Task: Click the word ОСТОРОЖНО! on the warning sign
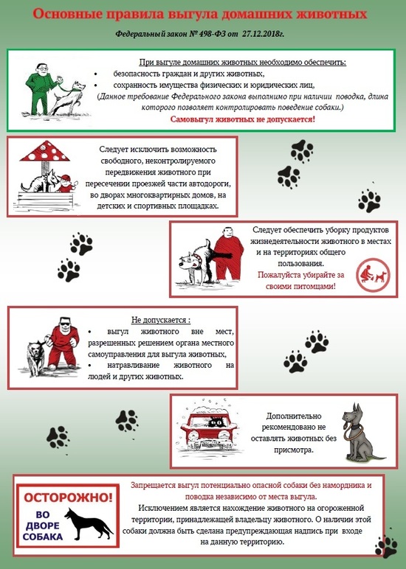[x=68, y=498]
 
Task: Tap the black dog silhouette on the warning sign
[x=89, y=523]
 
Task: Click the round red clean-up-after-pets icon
[x=373, y=275]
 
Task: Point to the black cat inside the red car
[x=216, y=422]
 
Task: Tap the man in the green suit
[x=41, y=89]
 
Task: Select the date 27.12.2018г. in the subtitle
[x=263, y=34]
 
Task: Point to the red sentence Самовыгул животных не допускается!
[x=242, y=119]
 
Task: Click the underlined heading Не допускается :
[x=161, y=320]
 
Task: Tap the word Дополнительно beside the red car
[x=293, y=416]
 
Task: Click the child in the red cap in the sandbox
[x=66, y=184]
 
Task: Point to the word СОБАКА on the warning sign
[x=43, y=537]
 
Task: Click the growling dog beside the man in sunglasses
[x=35, y=357]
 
